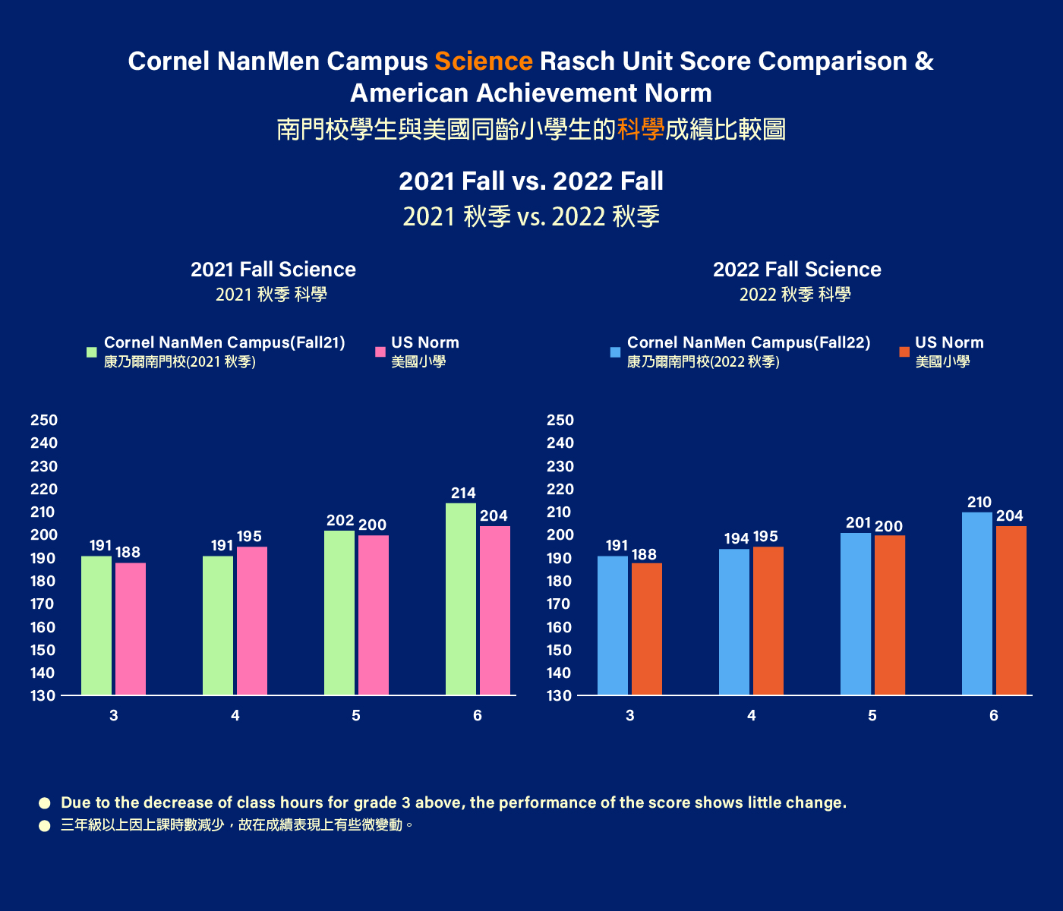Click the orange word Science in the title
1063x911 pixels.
pos(484,61)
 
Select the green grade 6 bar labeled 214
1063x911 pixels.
pos(461,600)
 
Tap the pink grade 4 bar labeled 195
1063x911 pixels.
pos(252,621)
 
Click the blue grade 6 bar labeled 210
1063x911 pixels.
pos(977,604)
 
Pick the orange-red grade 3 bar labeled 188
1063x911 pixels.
pos(647,629)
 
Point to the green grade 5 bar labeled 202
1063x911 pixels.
pos(339,613)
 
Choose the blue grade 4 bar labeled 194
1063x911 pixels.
pos(734,622)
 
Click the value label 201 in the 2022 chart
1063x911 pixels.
pos(858,523)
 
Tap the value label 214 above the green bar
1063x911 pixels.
pos(463,493)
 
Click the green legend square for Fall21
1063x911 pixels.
pos(92,352)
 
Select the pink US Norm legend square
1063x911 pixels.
pos(380,352)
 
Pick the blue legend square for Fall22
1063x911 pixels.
pos(615,352)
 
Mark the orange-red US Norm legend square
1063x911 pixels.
pos(904,352)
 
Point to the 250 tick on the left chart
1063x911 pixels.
pos(44,421)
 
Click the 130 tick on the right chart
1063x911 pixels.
pos(560,696)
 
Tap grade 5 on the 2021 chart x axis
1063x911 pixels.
pos(356,716)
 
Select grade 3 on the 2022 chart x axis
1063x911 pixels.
pos(630,716)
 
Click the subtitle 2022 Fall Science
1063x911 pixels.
pos(797,270)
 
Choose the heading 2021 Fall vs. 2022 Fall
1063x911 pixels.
pos(531,181)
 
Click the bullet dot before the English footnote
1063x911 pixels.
pos(45,803)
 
